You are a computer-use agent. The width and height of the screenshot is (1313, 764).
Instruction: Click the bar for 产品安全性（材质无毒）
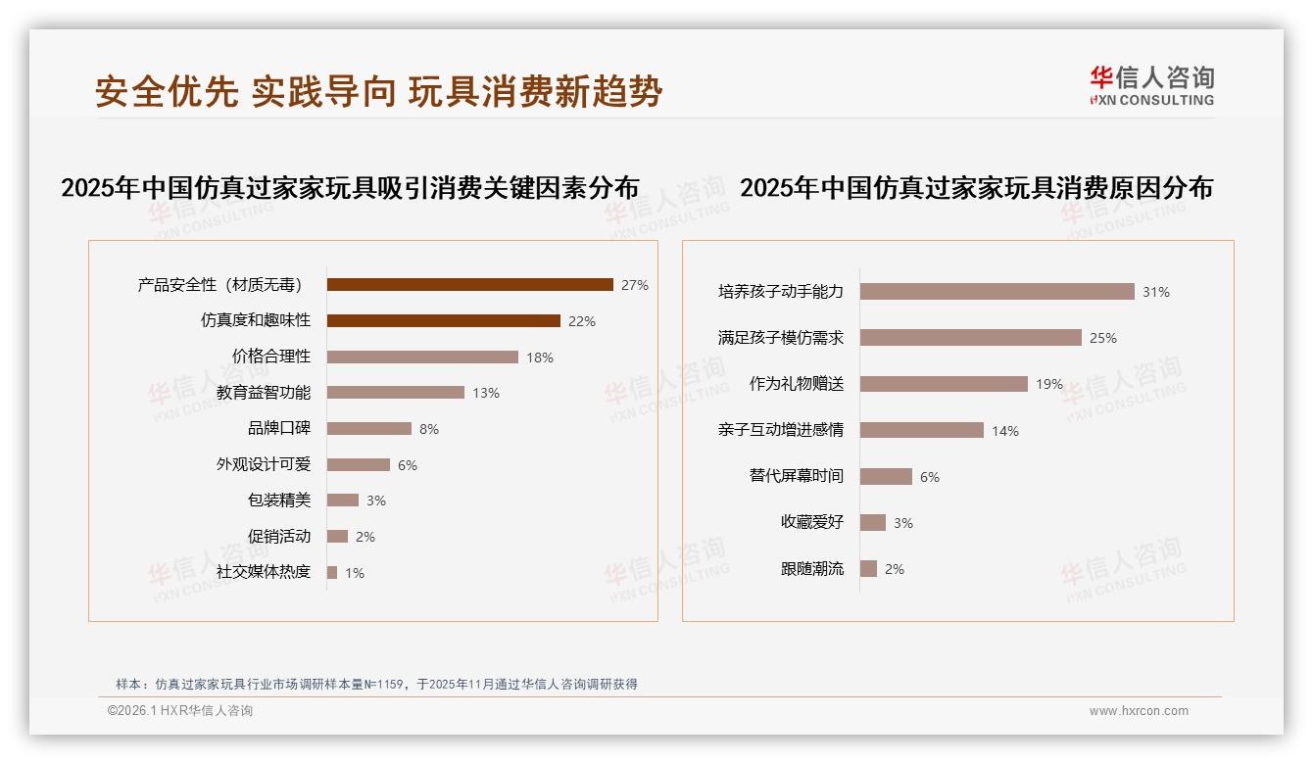point(469,285)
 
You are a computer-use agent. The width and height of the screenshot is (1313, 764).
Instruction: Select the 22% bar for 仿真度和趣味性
point(443,321)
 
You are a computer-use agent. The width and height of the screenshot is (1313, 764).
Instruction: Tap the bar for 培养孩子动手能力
point(997,292)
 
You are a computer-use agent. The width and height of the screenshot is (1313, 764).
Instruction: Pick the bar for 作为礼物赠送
point(944,384)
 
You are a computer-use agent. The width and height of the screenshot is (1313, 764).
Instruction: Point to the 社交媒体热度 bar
point(332,572)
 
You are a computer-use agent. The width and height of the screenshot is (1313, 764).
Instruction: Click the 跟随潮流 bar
point(868,569)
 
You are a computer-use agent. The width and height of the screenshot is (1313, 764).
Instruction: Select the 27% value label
point(635,285)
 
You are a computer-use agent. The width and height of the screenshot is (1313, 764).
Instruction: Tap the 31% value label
point(1156,292)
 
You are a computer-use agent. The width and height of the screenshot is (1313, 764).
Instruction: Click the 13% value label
point(486,393)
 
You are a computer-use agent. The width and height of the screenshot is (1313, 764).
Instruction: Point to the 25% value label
point(1103,338)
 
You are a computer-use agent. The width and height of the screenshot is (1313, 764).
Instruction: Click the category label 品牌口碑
point(279,428)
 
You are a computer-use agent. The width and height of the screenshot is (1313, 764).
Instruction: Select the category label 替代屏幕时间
point(797,476)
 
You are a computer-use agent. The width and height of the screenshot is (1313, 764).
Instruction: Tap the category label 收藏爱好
point(812,522)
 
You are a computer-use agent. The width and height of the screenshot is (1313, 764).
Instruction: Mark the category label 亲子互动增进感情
point(781,430)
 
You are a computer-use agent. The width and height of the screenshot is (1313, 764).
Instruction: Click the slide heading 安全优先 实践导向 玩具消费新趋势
point(379,91)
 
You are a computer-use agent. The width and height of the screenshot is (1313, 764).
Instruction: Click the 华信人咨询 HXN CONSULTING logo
point(1151,86)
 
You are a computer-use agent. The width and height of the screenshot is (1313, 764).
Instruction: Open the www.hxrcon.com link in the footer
point(1139,711)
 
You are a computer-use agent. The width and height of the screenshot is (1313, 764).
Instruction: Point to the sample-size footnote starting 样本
point(376,685)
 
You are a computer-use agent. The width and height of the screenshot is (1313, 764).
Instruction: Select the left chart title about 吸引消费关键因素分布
point(350,187)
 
